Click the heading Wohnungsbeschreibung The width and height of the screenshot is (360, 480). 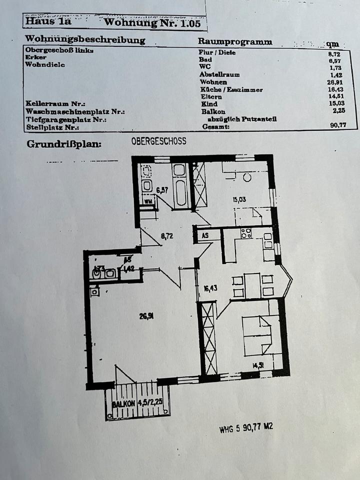pos(85,39)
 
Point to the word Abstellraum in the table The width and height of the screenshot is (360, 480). pos(219,74)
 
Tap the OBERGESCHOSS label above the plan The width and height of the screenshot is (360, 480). pos(158,141)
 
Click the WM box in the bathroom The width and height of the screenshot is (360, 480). pos(148,201)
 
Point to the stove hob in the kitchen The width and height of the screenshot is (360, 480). pos(246,233)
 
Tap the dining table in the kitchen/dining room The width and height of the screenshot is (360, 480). pos(252,285)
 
